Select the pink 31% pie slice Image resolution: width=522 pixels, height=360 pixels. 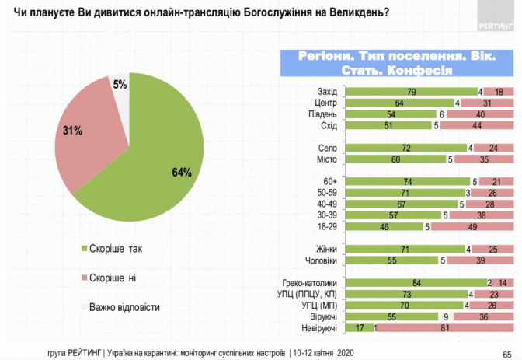(x=85, y=140)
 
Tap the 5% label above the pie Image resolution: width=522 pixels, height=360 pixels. (x=120, y=83)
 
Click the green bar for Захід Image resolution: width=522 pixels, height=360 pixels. (x=410, y=92)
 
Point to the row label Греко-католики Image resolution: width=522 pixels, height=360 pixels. (x=312, y=283)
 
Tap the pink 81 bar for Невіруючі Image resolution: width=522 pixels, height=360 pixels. (x=446, y=329)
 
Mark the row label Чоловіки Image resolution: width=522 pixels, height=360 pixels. (x=320, y=261)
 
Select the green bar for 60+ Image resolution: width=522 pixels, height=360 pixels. (x=406, y=181)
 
